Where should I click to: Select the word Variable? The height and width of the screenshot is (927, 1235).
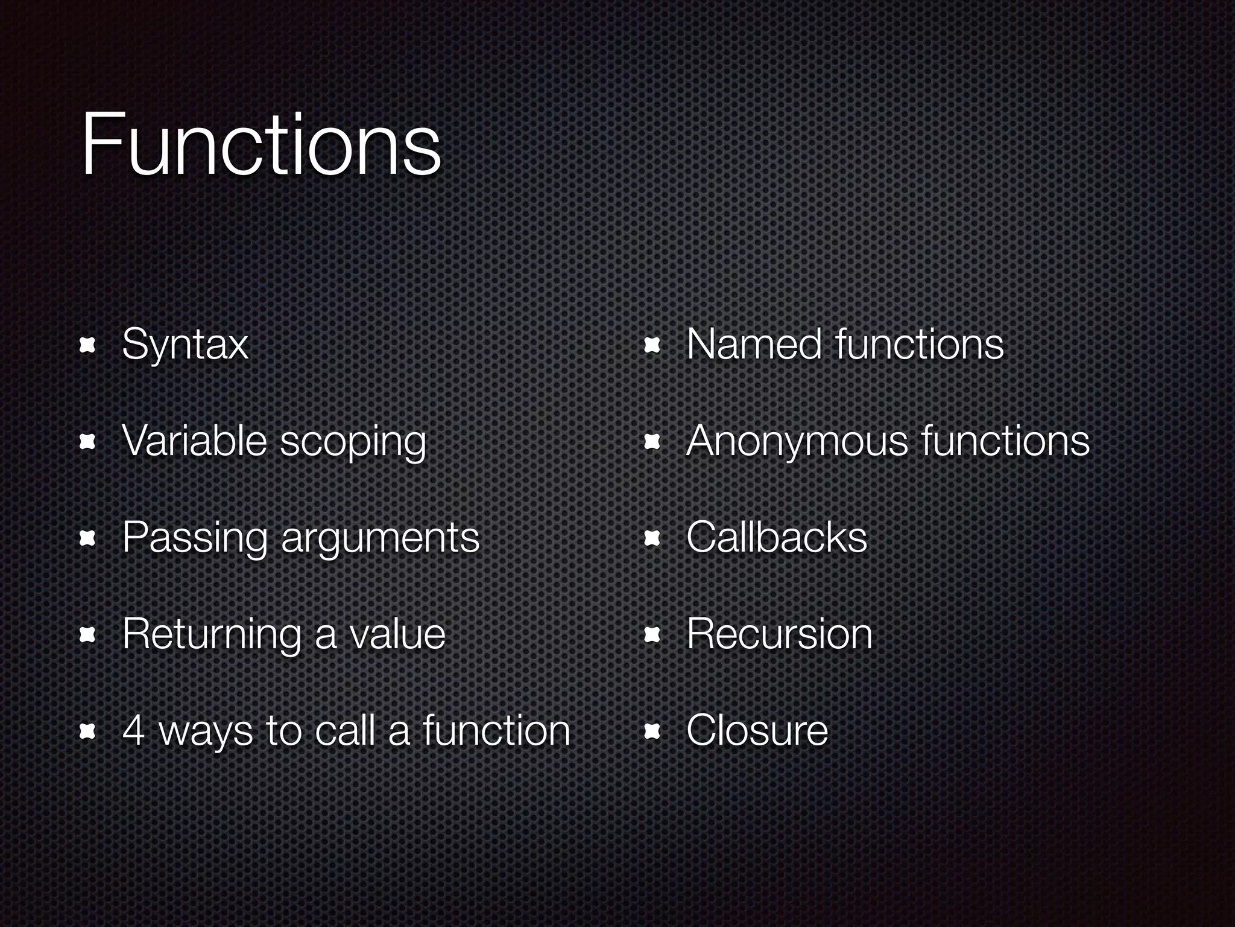point(194,440)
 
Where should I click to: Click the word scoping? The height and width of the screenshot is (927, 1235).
point(353,442)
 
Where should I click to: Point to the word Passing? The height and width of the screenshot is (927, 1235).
point(194,537)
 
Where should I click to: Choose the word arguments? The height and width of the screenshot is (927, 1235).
point(380,538)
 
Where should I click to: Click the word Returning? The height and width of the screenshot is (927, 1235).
point(211,634)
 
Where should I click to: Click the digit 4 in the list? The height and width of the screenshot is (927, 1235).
point(133,730)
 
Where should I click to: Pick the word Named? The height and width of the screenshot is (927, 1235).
point(754,344)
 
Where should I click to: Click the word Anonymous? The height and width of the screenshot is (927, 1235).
point(797,441)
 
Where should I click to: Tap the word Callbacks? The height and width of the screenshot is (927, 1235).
point(777,537)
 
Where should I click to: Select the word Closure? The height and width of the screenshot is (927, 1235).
point(757,730)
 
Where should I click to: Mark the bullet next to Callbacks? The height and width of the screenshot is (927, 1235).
point(652,538)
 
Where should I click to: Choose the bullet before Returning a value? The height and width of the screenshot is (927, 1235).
point(88,635)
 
